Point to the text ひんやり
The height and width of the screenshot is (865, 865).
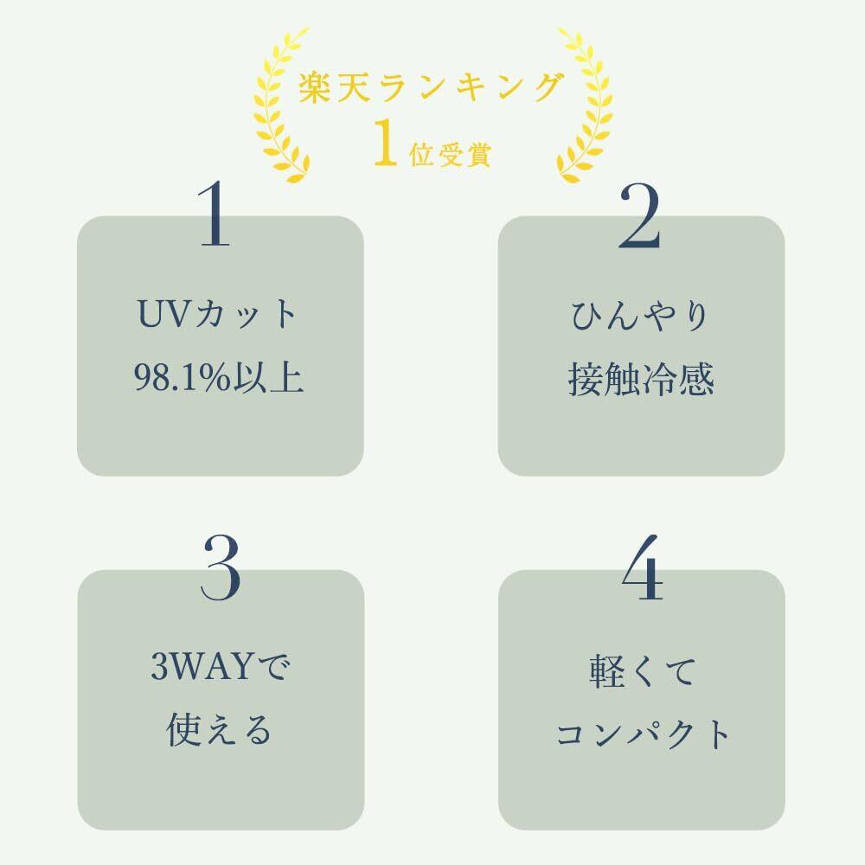pos(640,315)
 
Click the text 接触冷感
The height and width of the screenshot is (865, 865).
pos(640,379)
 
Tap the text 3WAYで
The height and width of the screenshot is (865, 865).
pos(219,669)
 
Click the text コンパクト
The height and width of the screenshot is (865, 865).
pos(642,734)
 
